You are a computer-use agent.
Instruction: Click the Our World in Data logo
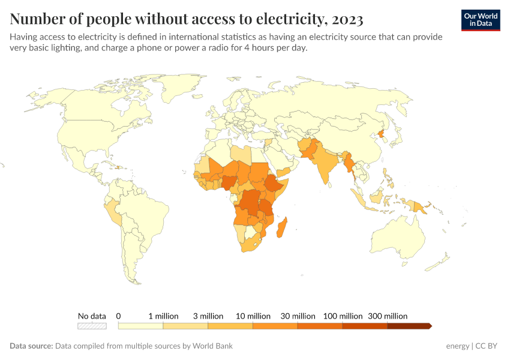coord(480,20)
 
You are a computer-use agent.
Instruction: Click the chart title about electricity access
coord(186,19)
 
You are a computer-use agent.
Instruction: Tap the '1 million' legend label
coord(163,316)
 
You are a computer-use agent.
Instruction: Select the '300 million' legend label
coord(388,316)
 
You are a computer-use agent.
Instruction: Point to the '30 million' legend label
coord(298,316)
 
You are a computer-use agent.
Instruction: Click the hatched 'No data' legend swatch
coord(92,326)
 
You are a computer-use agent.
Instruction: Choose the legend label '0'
coord(119,316)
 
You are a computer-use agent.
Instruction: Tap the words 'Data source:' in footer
coord(31,346)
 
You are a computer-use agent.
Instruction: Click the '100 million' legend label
coord(343,316)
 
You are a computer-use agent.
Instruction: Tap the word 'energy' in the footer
coord(458,346)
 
